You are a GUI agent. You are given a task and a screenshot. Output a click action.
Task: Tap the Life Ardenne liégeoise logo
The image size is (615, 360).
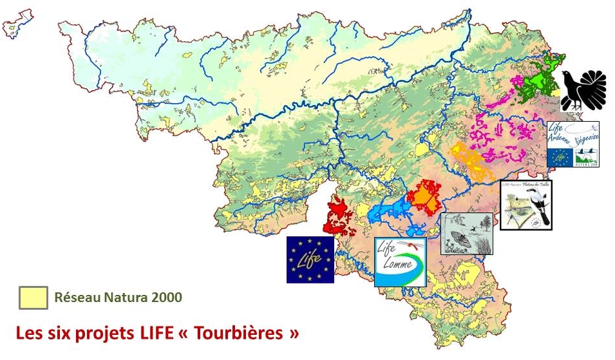pyautogui.click(x=572, y=144)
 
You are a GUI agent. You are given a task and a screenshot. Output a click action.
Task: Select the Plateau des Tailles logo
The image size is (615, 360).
pyautogui.click(x=526, y=204)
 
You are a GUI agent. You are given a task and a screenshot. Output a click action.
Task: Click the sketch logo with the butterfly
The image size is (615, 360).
pyautogui.click(x=466, y=233)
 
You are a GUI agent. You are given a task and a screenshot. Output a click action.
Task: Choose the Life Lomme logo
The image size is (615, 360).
pyautogui.click(x=400, y=261)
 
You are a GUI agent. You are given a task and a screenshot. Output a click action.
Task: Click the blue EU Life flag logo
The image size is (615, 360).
pyautogui.click(x=310, y=260)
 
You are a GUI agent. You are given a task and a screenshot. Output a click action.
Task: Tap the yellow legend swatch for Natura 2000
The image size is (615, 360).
pyautogui.click(x=33, y=298)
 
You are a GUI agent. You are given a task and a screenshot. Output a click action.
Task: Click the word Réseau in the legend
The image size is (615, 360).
pyautogui.click(x=75, y=298)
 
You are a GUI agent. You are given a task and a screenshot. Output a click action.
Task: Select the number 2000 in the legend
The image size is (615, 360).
pyautogui.click(x=167, y=298)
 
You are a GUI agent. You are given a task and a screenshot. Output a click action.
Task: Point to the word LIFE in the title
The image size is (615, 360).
pyautogui.click(x=133, y=334)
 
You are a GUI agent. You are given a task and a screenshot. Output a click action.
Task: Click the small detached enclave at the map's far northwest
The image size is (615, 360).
pyautogui.click(x=18, y=24)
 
